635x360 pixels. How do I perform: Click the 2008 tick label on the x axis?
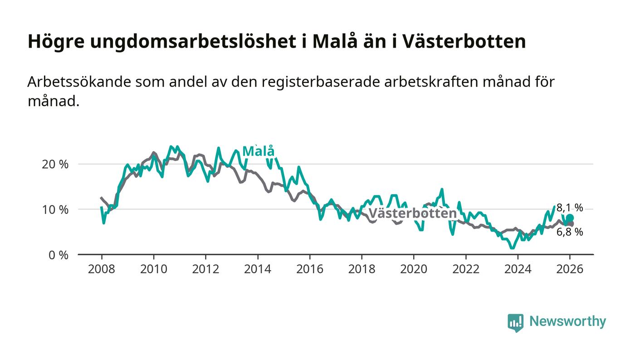point(101,269)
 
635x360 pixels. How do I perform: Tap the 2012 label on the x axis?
point(205,269)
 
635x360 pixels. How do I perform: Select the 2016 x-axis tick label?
point(309,269)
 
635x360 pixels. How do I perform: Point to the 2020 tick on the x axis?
point(414,269)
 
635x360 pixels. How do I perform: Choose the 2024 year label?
point(518,269)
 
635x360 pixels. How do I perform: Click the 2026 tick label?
point(570,269)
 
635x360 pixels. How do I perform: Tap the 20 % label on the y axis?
point(55,164)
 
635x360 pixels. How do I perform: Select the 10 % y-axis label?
point(55,209)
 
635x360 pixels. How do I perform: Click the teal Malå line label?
point(259,151)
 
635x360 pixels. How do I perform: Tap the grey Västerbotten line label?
point(412,214)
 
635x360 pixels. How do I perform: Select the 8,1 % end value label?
point(570,208)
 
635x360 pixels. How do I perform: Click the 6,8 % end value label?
point(570,232)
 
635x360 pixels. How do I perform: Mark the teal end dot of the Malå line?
point(570,218)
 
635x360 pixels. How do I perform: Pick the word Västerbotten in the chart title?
point(464,42)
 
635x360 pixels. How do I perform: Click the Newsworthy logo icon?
point(515,322)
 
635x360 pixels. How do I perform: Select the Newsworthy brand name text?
point(567,321)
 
